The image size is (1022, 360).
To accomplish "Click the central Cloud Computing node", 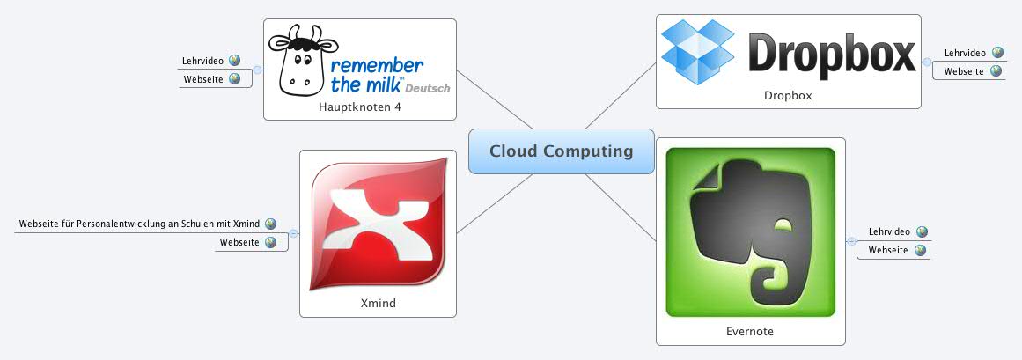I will tap(561, 151).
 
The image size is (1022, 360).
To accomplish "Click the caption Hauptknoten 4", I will tap(360, 107).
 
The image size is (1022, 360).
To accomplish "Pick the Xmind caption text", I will tap(378, 303).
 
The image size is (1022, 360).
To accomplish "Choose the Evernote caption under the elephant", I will tap(750, 332).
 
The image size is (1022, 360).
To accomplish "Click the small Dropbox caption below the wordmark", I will tap(788, 95).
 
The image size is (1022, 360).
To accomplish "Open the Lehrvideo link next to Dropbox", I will tap(964, 53).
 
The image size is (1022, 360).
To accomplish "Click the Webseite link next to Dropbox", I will tap(964, 71).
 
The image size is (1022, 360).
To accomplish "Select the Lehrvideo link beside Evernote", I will tap(888, 231).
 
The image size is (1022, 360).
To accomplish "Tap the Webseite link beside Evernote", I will tap(888, 251).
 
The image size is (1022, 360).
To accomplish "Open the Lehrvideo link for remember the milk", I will tap(203, 61).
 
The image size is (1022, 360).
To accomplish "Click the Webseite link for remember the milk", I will tap(203, 79).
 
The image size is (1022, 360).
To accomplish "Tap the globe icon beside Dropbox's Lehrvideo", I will tap(996, 53).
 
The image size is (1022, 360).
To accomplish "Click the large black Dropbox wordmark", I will tap(832, 55).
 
